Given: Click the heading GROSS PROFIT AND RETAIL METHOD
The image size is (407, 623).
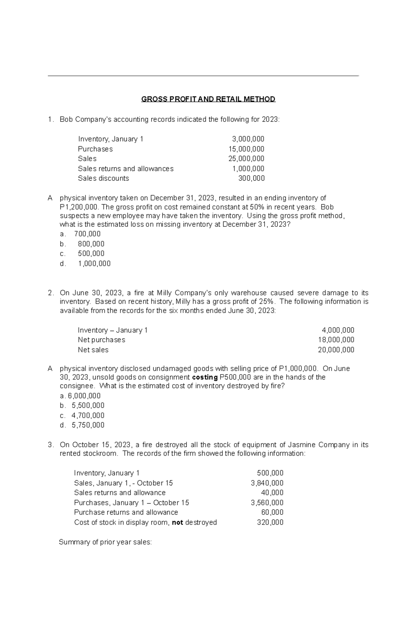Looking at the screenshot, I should click(x=208, y=99).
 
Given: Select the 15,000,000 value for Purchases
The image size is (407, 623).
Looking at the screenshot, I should click(x=246, y=149).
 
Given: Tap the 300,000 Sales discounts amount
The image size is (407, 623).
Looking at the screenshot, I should click(x=251, y=178).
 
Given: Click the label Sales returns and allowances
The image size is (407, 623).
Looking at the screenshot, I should click(x=125, y=169).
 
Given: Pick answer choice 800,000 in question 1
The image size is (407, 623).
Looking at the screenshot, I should click(x=91, y=244).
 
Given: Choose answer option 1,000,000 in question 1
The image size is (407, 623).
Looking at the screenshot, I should click(x=94, y=263).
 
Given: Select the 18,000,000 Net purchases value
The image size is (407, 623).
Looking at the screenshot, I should click(x=336, y=340).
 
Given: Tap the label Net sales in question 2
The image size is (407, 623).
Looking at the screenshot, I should click(x=93, y=350).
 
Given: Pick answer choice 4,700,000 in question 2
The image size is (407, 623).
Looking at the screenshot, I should click(x=88, y=415).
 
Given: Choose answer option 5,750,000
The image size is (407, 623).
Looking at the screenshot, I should click(x=88, y=425).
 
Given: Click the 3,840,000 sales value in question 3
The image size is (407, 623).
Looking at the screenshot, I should click(x=267, y=483).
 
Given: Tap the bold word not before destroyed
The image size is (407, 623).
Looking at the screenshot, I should click(x=177, y=522).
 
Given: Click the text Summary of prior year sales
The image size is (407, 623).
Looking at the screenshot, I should click(x=105, y=542).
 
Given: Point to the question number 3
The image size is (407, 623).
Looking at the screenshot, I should click(x=50, y=445).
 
